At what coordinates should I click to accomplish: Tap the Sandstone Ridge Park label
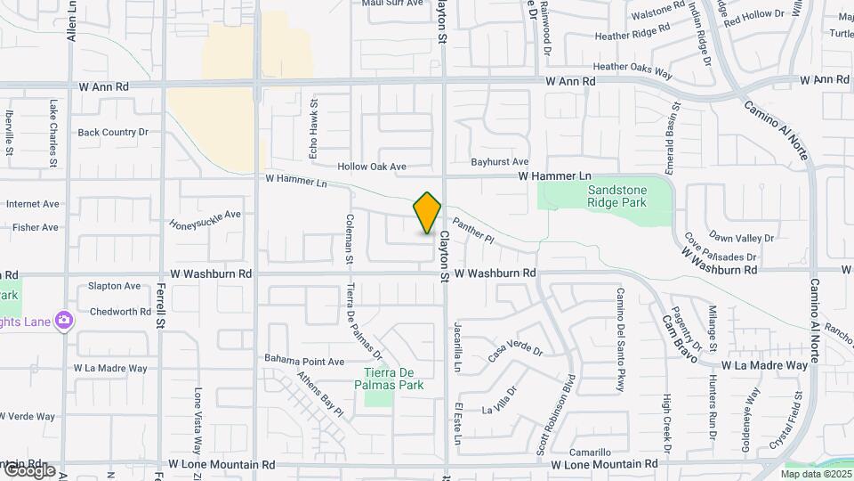click(x=615, y=195)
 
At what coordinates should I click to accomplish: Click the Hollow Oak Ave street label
click(x=372, y=167)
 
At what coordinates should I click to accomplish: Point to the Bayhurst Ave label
click(x=500, y=161)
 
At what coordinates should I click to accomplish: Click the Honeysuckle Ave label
click(x=205, y=218)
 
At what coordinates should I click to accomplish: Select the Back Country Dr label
click(x=113, y=132)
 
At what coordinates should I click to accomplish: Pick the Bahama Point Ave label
click(x=304, y=361)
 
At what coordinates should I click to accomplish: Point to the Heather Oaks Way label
click(x=632, y=66)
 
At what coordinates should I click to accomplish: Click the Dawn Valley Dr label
click(x=742, y=238)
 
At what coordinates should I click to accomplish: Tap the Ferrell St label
click(x=161, y=307)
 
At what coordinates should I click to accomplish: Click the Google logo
click(x=28, y=470)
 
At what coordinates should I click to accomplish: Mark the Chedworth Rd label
click(x=120, y=312)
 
